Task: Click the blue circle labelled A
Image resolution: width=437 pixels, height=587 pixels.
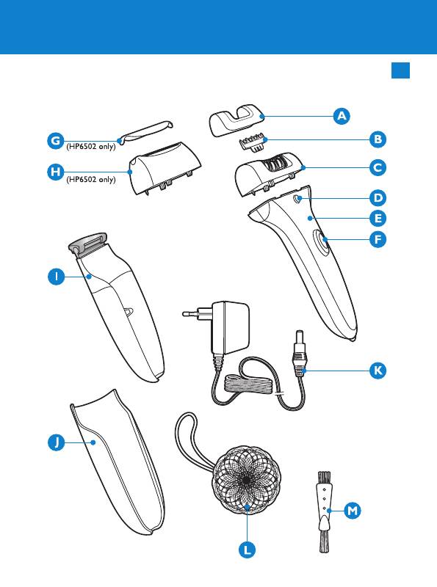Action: tap(342, 116)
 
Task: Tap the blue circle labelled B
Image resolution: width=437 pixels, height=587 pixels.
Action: tap(378, 139)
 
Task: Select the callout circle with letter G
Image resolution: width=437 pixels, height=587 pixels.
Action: tap(56, 141)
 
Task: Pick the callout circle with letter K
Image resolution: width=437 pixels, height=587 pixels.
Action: tap(378, 371)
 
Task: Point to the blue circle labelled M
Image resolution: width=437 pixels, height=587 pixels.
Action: tap(353, 511)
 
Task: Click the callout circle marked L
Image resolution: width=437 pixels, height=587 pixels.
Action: tap(247, 550)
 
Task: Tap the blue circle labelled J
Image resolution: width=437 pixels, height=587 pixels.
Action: tap(57, 442)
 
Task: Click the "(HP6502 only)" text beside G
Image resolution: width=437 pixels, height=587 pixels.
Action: tap(91, 147)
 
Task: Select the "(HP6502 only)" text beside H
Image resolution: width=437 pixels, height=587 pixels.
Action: tap(91, 180)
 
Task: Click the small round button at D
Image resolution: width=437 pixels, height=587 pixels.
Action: tap(297, 199)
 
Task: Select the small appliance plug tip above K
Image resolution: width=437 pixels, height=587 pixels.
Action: tap(300, 336)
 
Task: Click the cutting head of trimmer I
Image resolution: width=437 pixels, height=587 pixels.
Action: tap(87, 245)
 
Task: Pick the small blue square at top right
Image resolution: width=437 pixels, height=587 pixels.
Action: tap(401, 70)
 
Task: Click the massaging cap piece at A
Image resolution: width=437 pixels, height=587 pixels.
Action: tap(235, 120)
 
